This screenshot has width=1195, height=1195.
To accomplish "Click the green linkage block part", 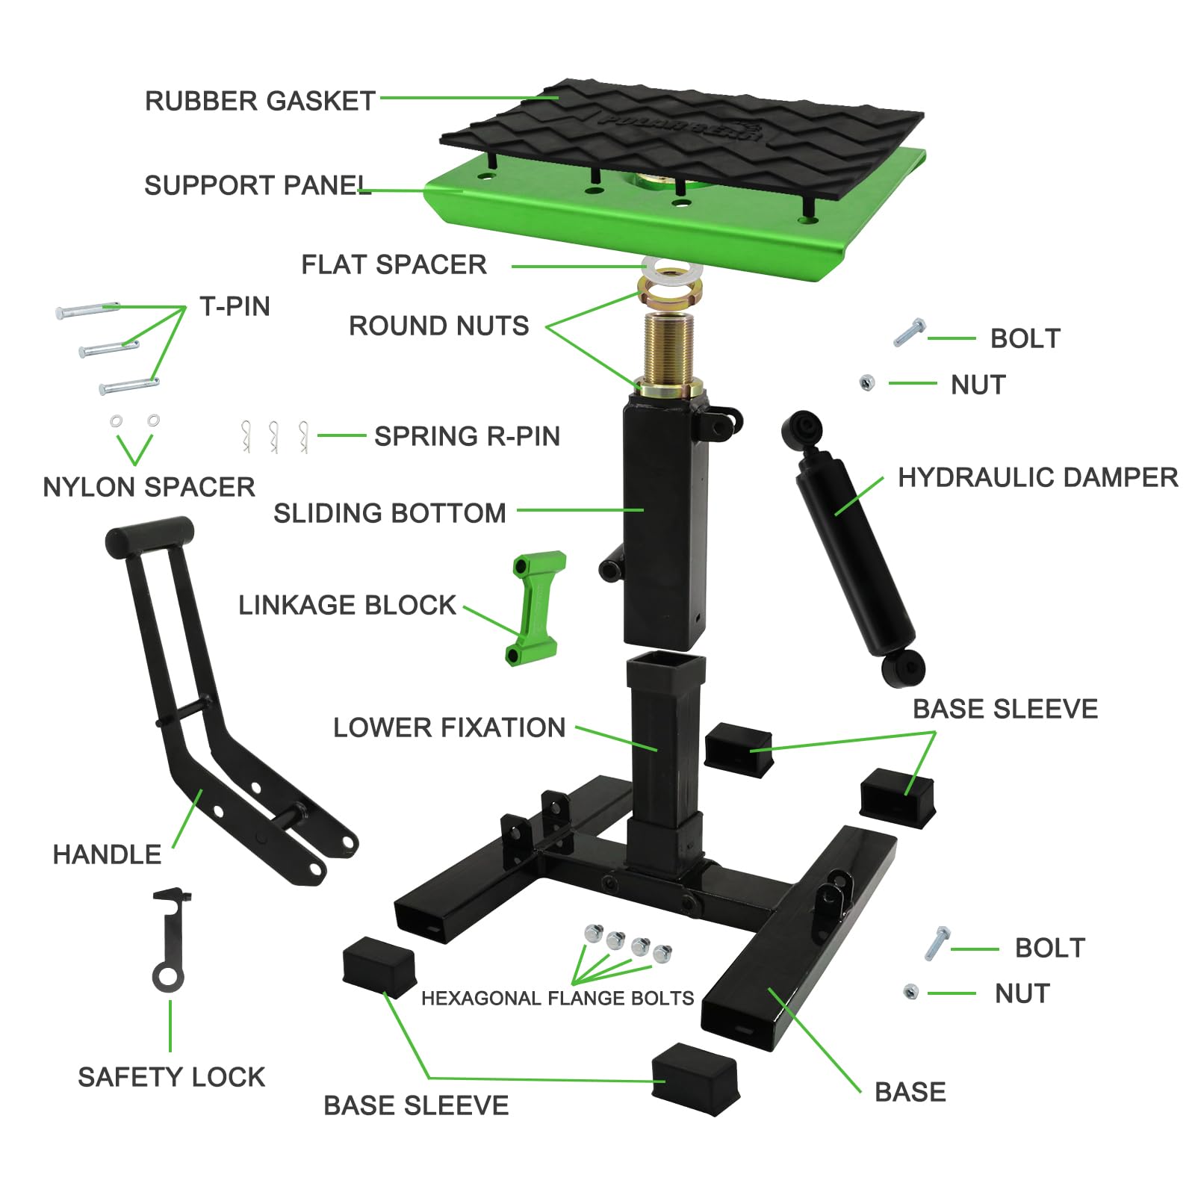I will tap(536, 609).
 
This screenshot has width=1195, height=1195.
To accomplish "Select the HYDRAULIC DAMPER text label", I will tap(1037, 477).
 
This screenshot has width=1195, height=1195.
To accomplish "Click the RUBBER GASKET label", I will tap(260, 101).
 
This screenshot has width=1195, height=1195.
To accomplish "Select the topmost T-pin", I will tap(87, 309).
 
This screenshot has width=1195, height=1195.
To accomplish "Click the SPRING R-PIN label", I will tap(467, 436).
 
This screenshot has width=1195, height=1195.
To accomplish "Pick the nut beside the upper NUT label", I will tap(866, 383).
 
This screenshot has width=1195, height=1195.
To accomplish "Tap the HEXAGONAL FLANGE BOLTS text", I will tap(557, 999).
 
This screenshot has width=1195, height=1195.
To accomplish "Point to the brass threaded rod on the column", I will tap(670, 347).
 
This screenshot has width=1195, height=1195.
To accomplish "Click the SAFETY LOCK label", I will tap(171, 1077).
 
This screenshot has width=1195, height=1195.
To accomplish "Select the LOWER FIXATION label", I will tap(449, 727).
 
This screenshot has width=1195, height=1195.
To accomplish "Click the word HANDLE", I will tap(107, 854).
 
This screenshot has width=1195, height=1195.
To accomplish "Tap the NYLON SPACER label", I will tap(149, 487).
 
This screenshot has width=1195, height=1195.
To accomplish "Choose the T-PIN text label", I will tap(235, 306).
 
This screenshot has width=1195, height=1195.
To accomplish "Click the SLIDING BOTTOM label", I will tap(389, 513).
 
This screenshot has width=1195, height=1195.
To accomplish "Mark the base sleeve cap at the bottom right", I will tap(695, 1078).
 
